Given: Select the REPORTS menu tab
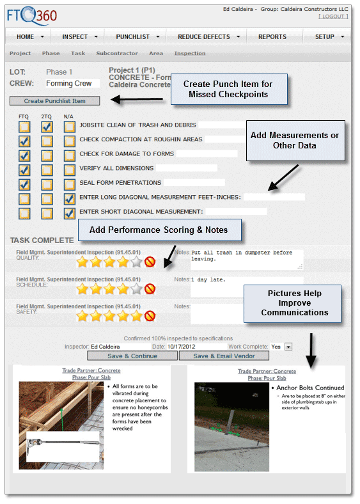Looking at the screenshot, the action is (x=272, y=36).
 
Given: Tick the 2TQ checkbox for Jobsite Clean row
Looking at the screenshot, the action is (x=47, y=126).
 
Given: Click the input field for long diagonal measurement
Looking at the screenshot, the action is (x=274, y=197).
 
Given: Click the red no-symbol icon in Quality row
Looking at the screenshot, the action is (x=150, y=262).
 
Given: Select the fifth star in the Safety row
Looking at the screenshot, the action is (x=137, y=316).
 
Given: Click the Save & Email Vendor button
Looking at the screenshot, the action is (x=224, y=356).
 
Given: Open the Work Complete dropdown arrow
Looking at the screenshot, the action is (x=288, y=347).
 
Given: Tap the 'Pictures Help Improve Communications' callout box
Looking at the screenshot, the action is (x=295, y=303).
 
